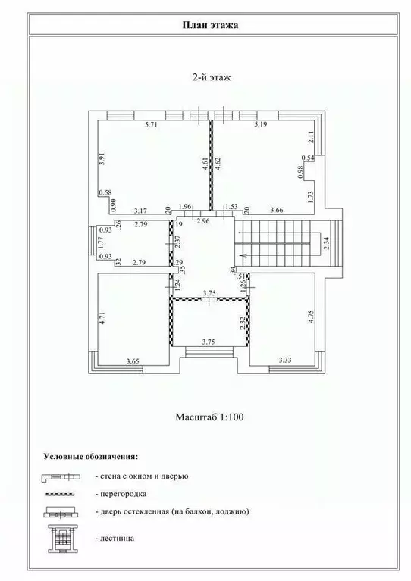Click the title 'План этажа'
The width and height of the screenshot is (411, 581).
206,25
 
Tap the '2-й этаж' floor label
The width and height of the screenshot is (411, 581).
206,77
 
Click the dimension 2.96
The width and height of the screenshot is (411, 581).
202,221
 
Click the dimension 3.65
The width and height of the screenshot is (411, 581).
133,360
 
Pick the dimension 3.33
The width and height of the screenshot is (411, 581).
286,360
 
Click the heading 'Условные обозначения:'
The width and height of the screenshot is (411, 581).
90,458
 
